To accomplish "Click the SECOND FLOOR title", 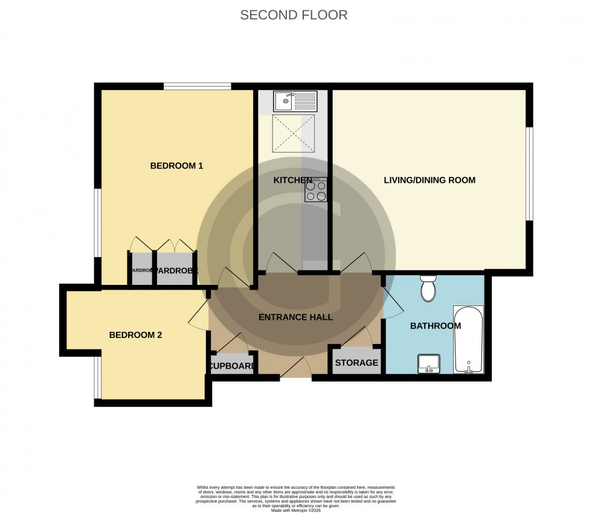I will (294, 15).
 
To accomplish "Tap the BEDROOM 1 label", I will (176, 165).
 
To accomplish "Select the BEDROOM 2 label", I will (135, 335).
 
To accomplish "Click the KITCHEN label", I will (292, 180).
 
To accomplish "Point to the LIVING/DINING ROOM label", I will (430, 180).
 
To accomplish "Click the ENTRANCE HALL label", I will (295, 317).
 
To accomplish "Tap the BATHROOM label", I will (435, 326).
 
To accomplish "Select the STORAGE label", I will (356, 363).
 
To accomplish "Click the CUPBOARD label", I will (232, 366).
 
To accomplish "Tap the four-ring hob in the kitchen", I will (316, 191).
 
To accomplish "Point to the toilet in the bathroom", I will (428, 288).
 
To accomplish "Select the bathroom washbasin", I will (430, 363).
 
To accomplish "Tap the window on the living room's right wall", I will (529, 174).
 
